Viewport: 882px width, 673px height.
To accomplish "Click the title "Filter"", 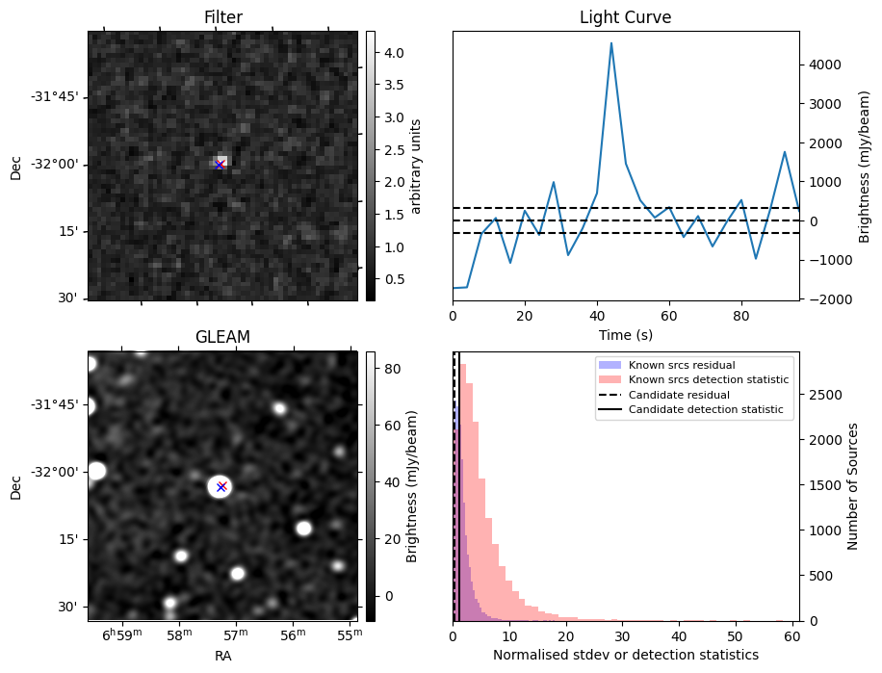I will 222,17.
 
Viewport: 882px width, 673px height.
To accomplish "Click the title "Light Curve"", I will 625,17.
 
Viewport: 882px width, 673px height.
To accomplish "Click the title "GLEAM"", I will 222,337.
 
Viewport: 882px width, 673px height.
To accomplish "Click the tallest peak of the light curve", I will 611,43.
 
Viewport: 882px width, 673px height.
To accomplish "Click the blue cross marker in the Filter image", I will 220,165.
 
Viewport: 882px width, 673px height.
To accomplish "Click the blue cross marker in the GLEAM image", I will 221,486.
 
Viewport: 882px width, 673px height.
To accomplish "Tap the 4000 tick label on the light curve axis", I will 825,65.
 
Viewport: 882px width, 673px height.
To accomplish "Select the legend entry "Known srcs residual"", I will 681,365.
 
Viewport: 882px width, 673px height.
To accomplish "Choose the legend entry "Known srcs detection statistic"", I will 708,379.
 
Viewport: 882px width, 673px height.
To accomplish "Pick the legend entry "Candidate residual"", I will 680,395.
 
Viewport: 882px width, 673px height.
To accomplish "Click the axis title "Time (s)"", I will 626,333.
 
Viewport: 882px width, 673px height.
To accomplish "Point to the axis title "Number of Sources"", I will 853,486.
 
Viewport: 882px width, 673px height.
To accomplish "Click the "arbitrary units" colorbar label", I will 416,166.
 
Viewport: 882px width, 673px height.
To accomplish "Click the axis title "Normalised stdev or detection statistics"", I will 626,655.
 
